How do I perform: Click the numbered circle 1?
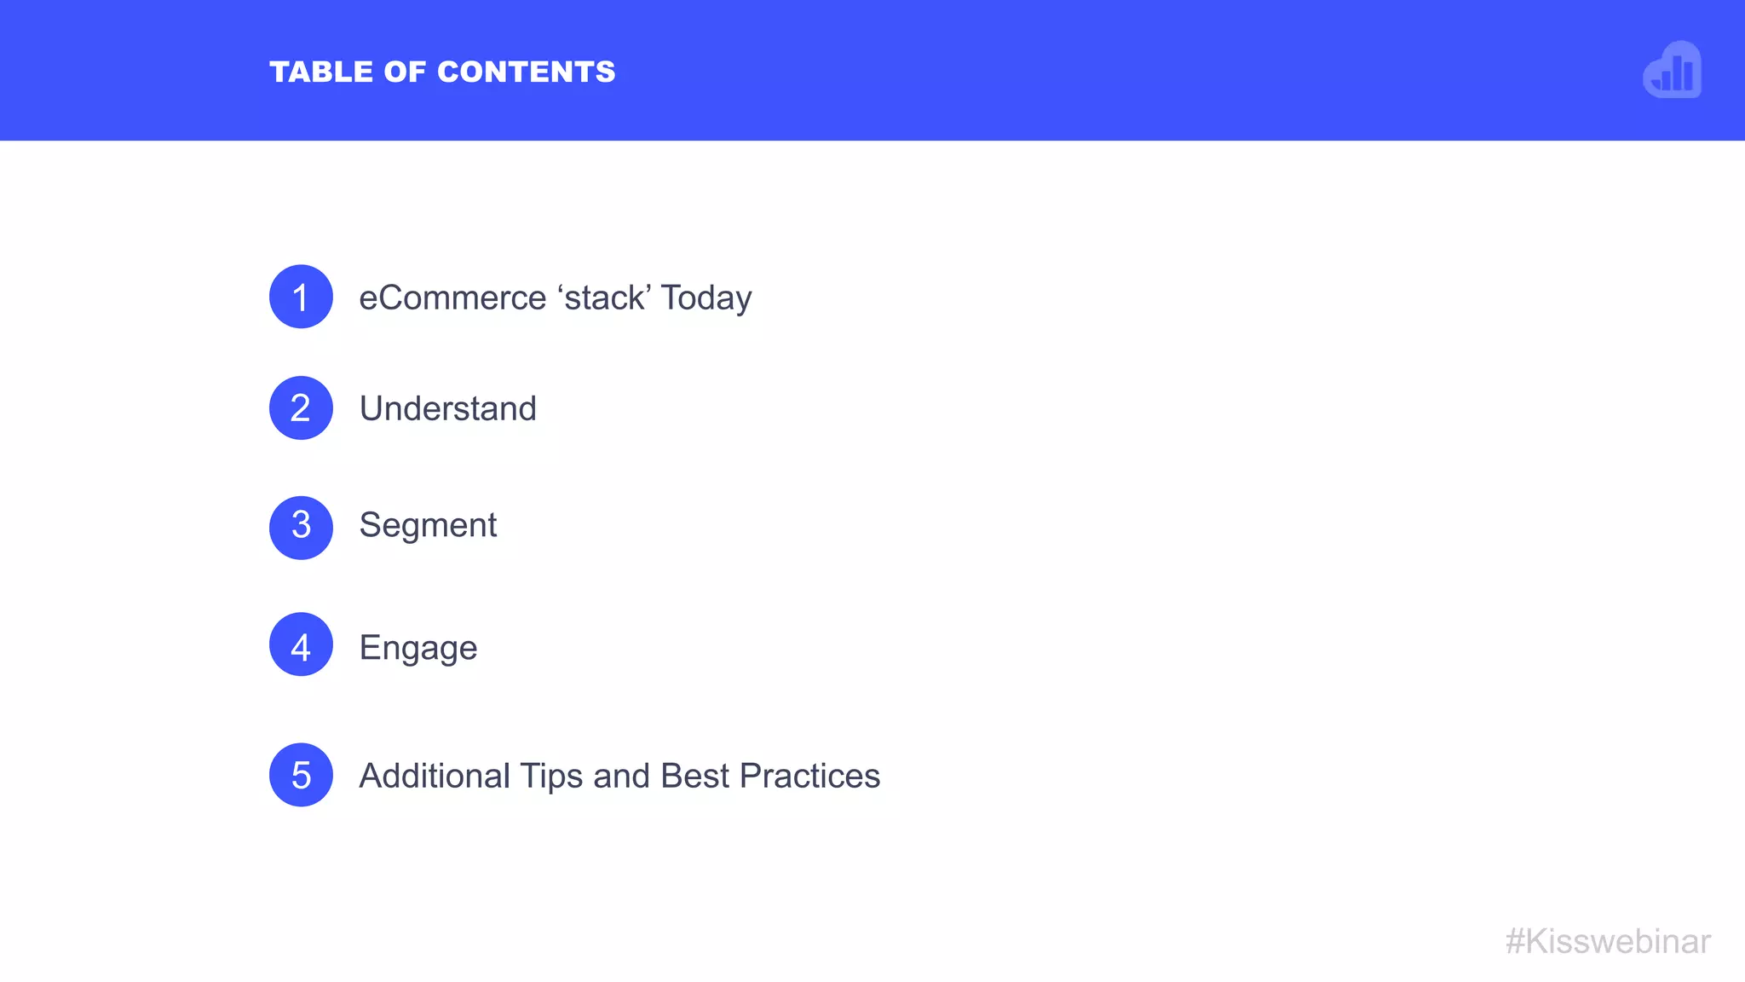click(x=301, y=297)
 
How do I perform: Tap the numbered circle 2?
click(x=301, y=408)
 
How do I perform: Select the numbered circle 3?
click(x=301, y=528)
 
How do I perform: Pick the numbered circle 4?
click(x=301, y=644)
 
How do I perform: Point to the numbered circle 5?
click(x=301, y=775)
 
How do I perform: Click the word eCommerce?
click(x=452, y=298)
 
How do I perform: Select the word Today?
click(x=706, y=298)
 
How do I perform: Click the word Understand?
click(x=448, y=409)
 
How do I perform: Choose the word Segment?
click(x=428, y=526)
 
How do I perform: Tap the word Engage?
click(x=418, y=649)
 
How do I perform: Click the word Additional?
click(x=435, y=777)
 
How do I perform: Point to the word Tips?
click(x=551, y=777)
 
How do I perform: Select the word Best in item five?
click(x=694, y=777)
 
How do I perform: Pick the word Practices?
click(x=809, y=777)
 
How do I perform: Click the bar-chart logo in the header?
click(x=1673, y=71)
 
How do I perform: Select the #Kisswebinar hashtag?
click(x=1608, y=942)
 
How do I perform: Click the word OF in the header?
click(x=405, y=72)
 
